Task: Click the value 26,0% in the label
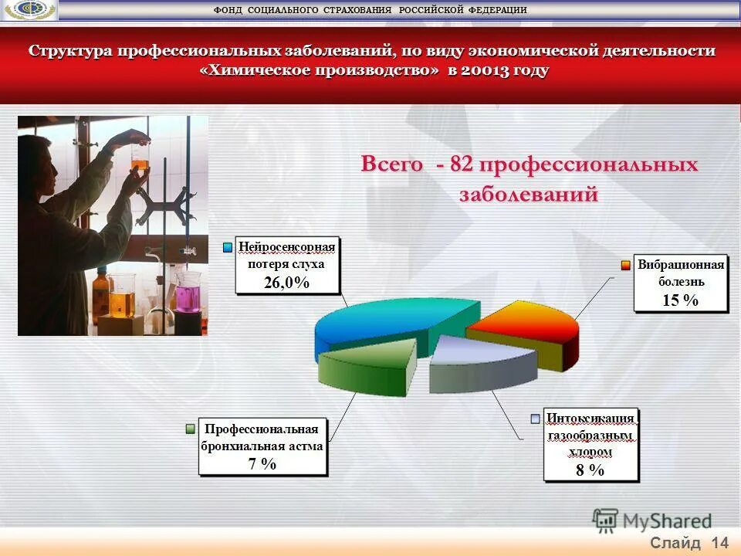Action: pos(286,283)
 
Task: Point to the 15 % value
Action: pos(680,300)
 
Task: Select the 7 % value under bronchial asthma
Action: pos(262,463)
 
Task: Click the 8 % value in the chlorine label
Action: pos(590,470)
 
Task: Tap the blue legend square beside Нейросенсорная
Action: pos(228,247)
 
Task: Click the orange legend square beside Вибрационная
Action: pos(627,266)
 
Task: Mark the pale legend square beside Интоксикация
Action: pos(536,419)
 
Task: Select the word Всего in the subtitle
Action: pos(391,165)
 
